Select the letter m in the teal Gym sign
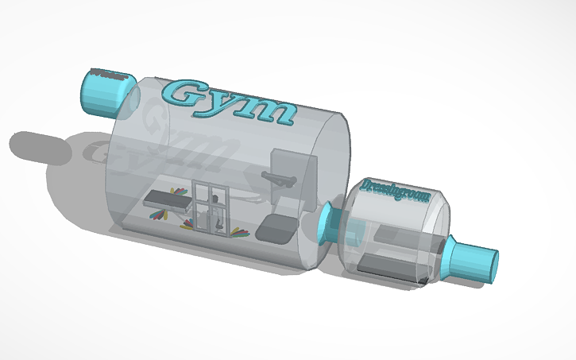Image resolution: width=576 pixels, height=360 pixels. [271, 110]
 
